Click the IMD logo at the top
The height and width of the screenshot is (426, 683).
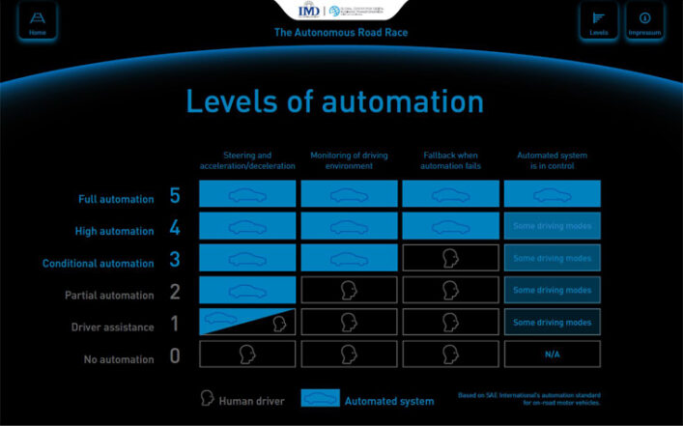point(310,11)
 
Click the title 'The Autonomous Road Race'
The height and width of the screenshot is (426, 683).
point(340,33)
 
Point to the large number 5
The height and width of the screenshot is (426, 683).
point(175,196)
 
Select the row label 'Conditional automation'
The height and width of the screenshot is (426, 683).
point(98,263)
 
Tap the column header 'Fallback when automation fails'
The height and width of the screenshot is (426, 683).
point(450,160)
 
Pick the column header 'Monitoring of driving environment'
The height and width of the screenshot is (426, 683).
point(349,160)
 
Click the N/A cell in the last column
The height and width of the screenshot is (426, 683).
point(552,355)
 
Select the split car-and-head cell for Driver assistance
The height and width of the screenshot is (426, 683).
point(247,322)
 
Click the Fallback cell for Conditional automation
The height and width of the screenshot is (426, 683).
point(450,258)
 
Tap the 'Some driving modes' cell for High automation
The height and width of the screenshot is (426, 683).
point(552,226)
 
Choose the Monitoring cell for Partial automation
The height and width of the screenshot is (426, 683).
point(349,290)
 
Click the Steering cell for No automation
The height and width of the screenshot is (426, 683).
point(247,355)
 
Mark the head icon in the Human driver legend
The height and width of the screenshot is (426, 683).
point(206,398)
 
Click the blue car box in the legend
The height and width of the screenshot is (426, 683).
point(321,399)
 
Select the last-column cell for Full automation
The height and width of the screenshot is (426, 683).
point(552,194)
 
